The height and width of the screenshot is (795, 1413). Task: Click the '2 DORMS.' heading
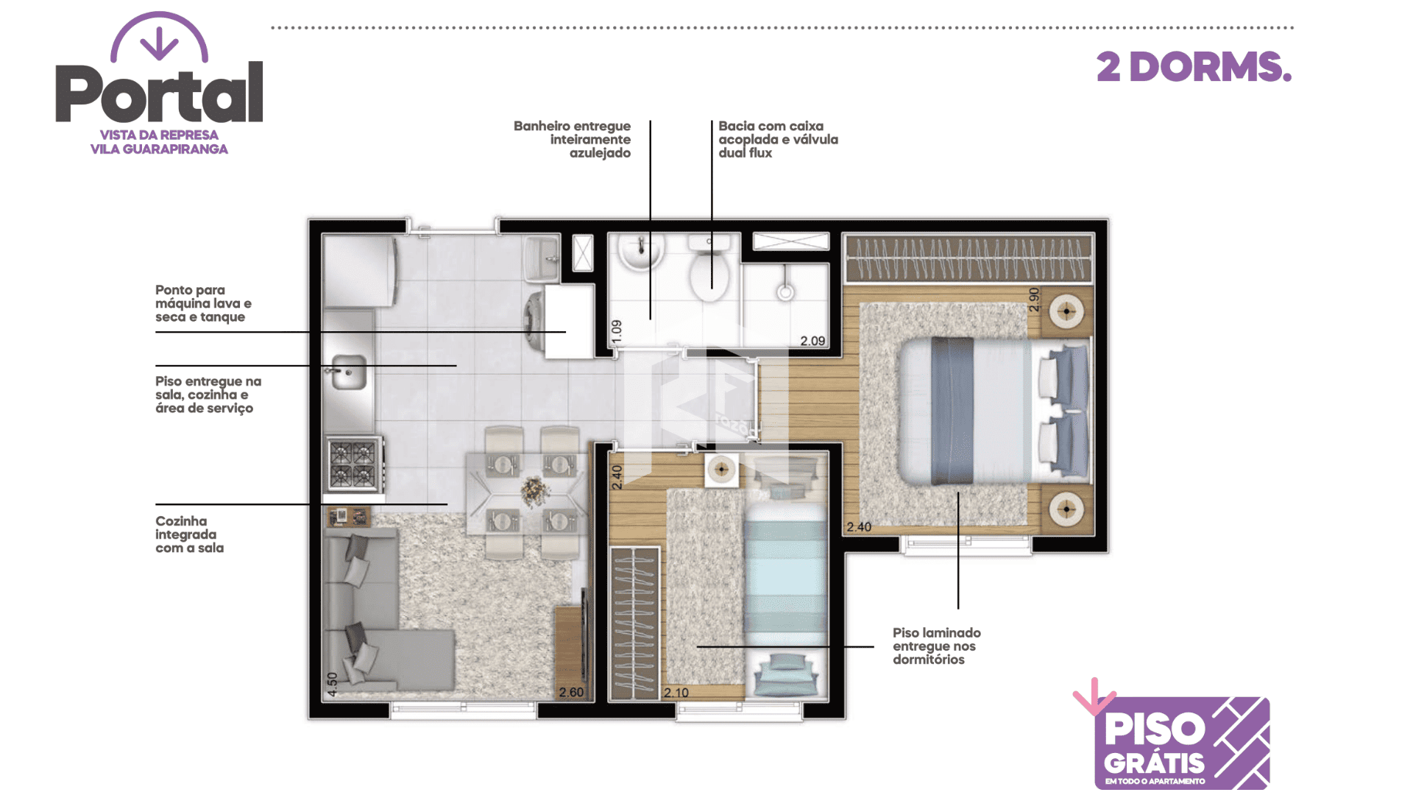coord(1194,67)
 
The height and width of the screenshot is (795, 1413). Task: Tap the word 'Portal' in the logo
coord(159,93)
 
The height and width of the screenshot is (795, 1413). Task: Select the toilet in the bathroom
coord(709,269)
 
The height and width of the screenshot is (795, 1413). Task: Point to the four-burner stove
coord(354,464)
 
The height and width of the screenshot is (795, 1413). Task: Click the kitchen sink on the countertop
coord(348,372)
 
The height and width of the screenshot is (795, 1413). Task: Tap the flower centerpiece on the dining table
coord(535,490)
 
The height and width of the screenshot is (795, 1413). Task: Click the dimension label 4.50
coord(332,685)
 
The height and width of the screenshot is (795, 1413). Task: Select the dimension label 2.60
coord(571,692)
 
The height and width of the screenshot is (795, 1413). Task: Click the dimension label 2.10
coord(676,692)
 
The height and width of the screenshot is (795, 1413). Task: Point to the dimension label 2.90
coord(1034,300)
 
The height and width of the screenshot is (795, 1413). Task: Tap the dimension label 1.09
coord(617,332)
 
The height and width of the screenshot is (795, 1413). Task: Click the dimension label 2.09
coord(812,341)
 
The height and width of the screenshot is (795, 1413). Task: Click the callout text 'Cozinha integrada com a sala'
coord(190,534)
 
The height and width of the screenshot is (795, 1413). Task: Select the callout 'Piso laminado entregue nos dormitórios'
coord(937,646)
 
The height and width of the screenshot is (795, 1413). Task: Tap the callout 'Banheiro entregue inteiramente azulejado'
coord(572,139)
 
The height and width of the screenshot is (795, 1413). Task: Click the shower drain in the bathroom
coord(785,292)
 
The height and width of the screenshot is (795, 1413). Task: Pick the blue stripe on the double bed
coord(952,411)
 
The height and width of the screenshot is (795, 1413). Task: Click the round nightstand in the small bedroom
coord(721,470)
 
